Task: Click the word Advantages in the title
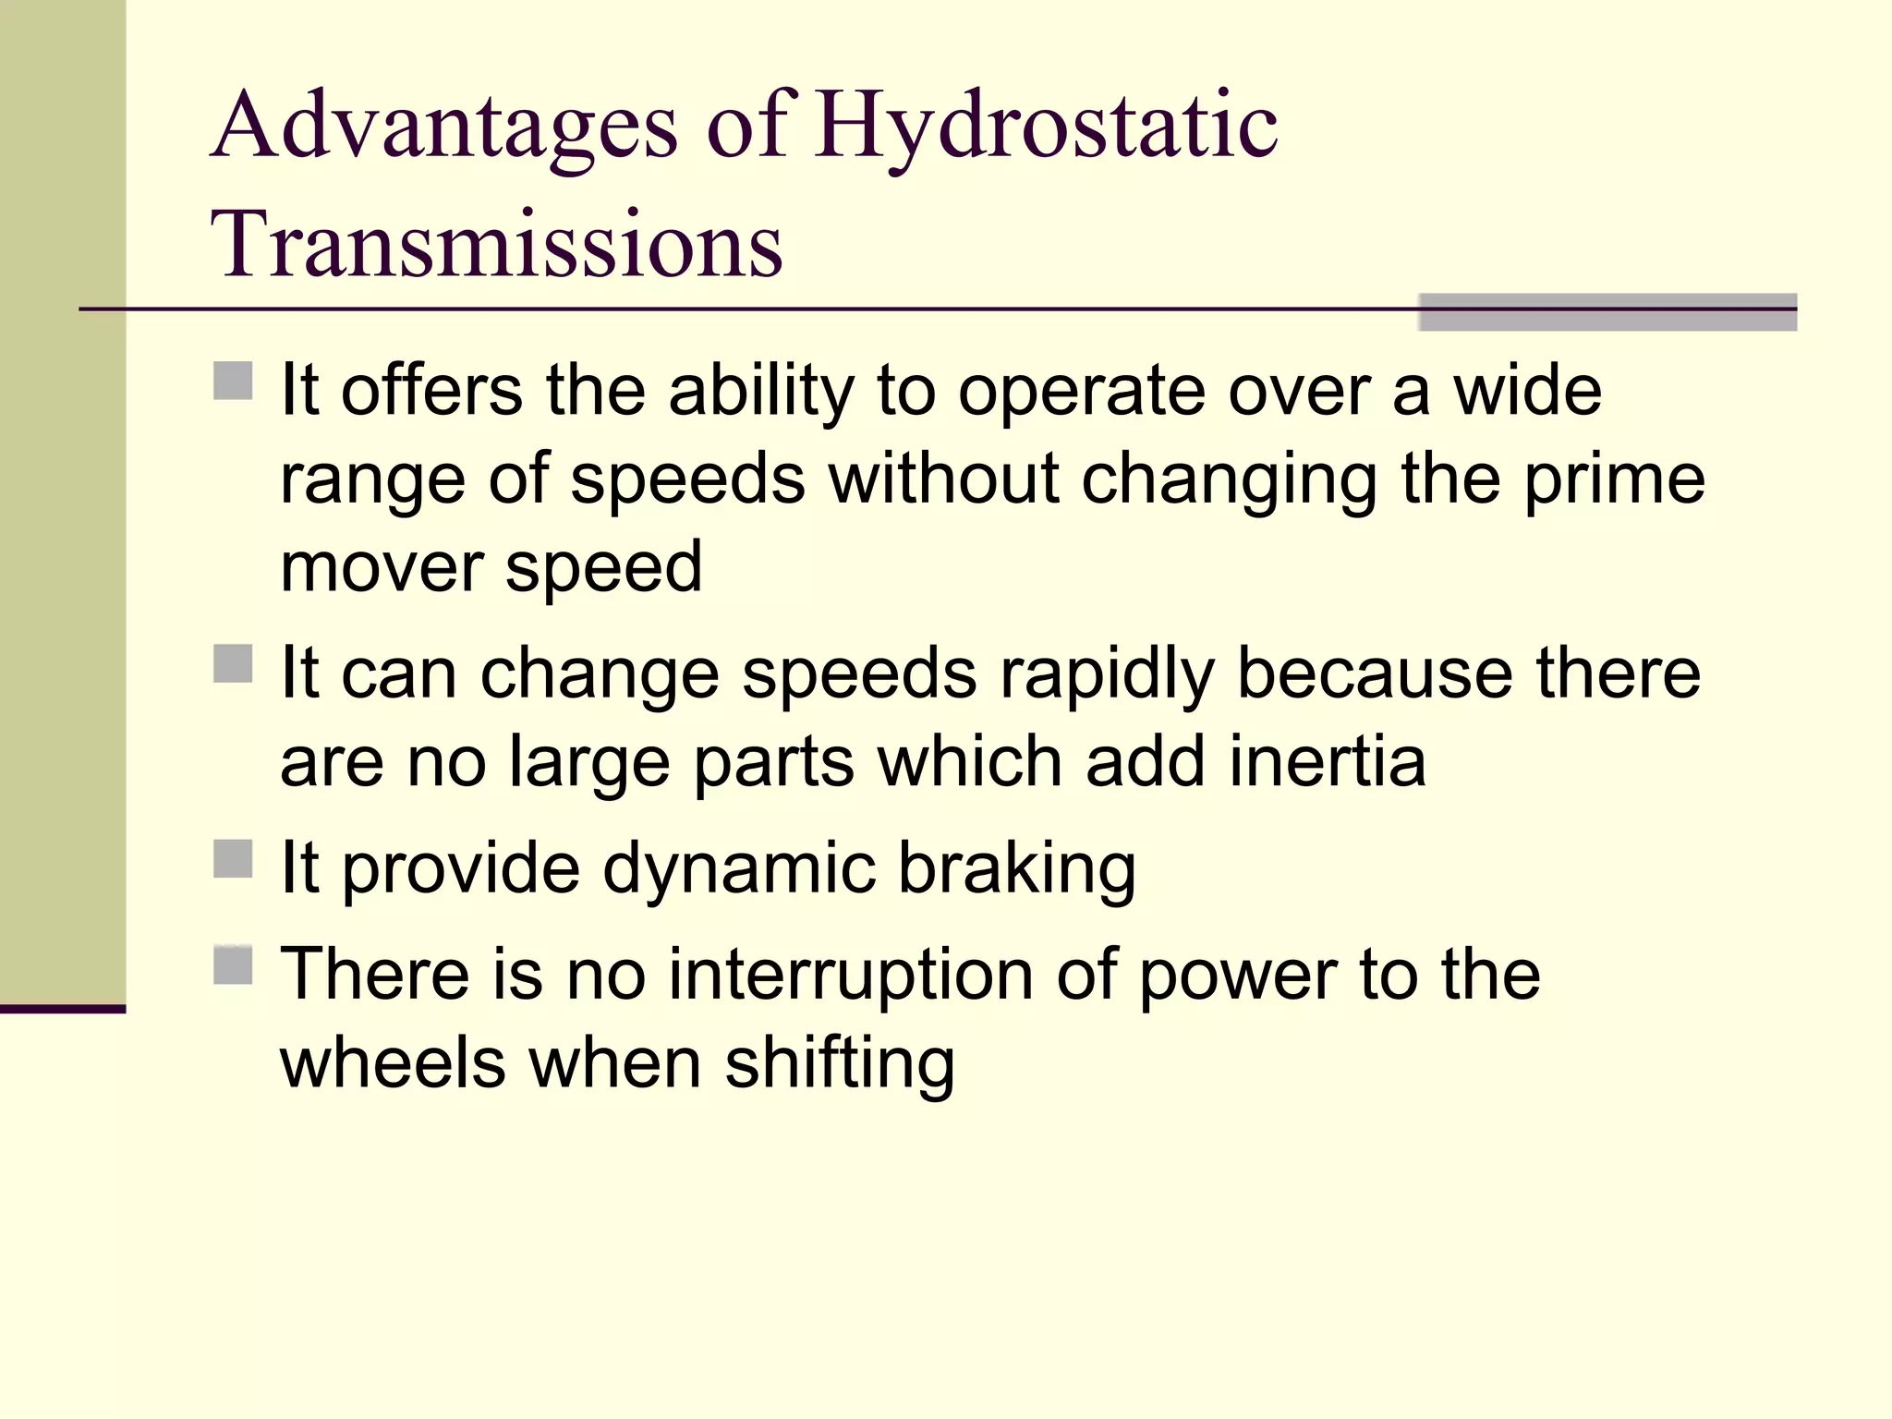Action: [x=444, y=127]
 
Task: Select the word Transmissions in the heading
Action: [x=497, y=244]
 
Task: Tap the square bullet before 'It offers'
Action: [x=233, y=380]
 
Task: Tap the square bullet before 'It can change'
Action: [x=233, y=663]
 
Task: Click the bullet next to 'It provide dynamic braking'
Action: [x=233, y=858]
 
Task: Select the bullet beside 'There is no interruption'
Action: [x=233, y=964]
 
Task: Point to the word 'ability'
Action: [x=761, y=392]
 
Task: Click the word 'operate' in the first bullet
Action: [x=1081, y=392]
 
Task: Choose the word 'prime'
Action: [x=1613, y=480]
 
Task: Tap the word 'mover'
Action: [x=381, y=567]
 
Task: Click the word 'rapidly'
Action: [x=1106, y=674]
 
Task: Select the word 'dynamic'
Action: [x=739, y=869]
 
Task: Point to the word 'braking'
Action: [x=1016, y=869]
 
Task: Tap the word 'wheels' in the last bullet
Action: [x=393, y=1064]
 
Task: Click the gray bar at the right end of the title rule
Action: [x=1607, y=312]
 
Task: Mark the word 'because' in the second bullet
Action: [x=1375, y=674]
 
